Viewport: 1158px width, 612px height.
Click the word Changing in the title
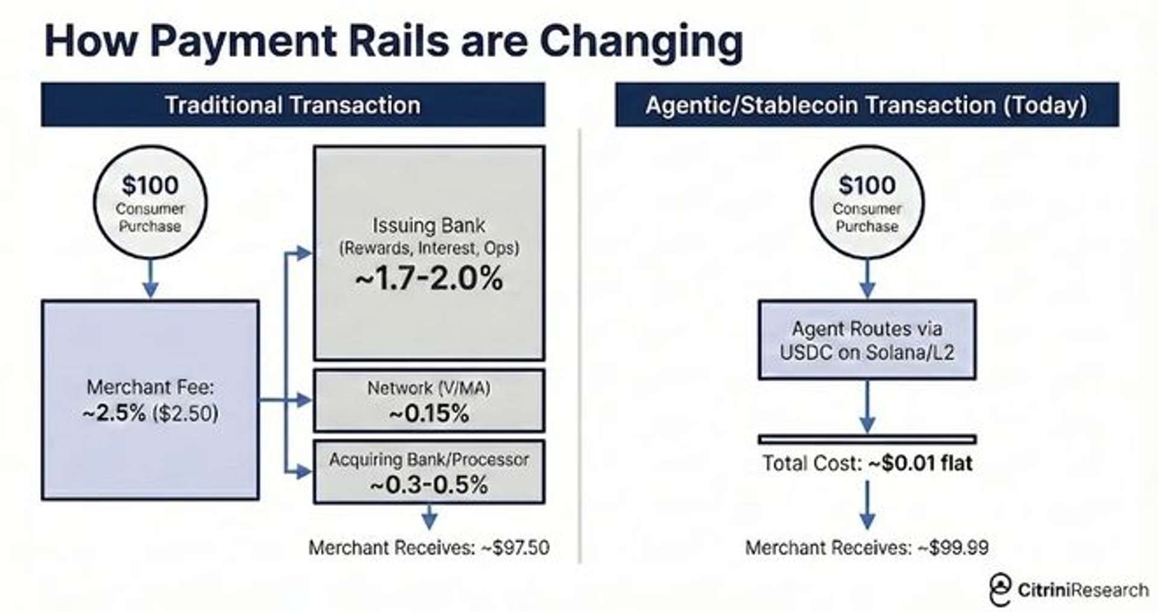click(x=641, y=42)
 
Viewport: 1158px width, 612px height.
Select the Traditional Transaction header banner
click(x=293, y=105)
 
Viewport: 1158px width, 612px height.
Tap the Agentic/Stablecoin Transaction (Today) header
click(x=867, y=105)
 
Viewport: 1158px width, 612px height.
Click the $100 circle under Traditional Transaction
click(x=150, y=202)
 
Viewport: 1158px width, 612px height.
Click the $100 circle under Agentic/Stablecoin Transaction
click(x=867, y=202)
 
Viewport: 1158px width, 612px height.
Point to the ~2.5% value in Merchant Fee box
click(x=115, y=413)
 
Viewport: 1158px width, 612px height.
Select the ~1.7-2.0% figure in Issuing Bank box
click(x=429, y=279)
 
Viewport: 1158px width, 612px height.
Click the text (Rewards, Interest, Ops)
click(x=429, y=248)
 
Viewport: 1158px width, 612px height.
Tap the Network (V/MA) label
click(x=429, y=388)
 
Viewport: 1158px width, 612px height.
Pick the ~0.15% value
click(x=429, y=414)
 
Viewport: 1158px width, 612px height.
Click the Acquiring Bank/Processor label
click(x=429, y=459)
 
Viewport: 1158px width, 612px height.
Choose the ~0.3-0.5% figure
click(x=429, y=485)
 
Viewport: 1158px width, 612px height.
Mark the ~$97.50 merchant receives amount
click(x=516, y=547)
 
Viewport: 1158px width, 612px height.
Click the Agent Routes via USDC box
click(x=867, y=340)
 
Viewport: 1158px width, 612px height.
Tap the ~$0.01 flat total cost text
click(x=920, y=463)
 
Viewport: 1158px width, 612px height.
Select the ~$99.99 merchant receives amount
click(x=953, y=547)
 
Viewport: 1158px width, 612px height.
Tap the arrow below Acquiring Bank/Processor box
click(x=429, y=517)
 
